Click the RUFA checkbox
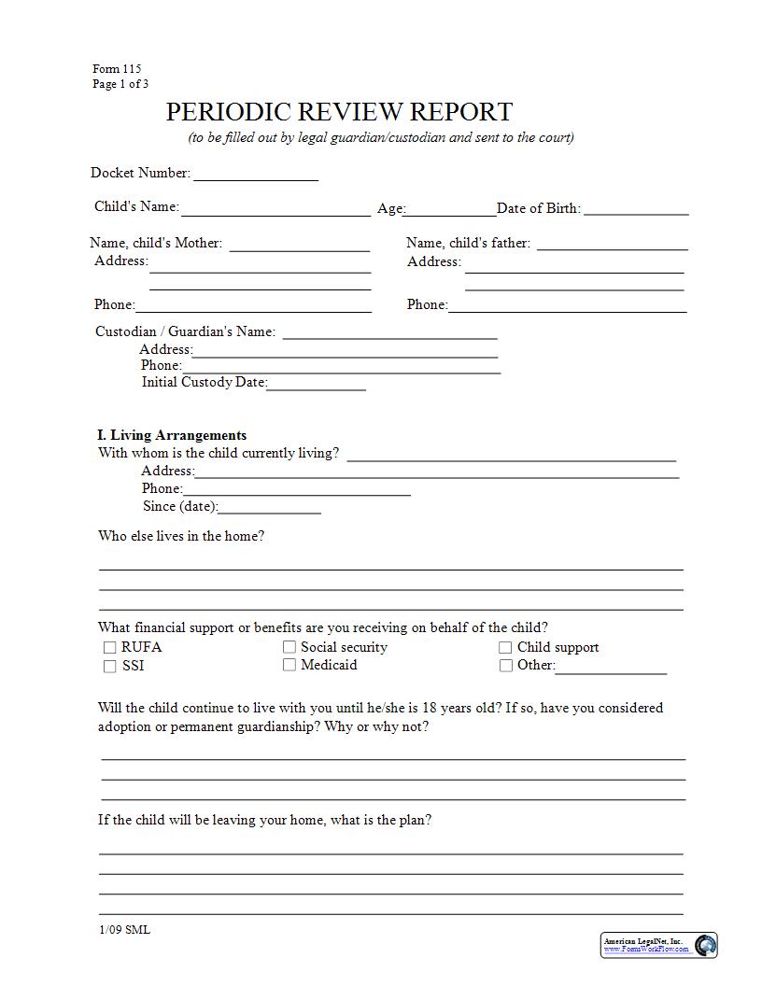click(x=109, y=647)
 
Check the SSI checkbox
click(x=109, y=667)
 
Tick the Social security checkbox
click(x=289, y=646)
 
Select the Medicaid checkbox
click(x=289, y=665)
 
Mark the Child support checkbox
click(x=505, y=647)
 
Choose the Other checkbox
click(x=505, y=666)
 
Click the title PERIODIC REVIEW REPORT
click(x=339, y=112)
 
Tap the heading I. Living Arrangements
click(x=172, y=435)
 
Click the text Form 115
click(x=117, y=69)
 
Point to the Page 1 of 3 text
click(x=120, y=84)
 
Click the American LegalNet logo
click(x=659, y=945)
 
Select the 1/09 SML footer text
click(x=124, y=930)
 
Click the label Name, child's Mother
click(x=156, y=243)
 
